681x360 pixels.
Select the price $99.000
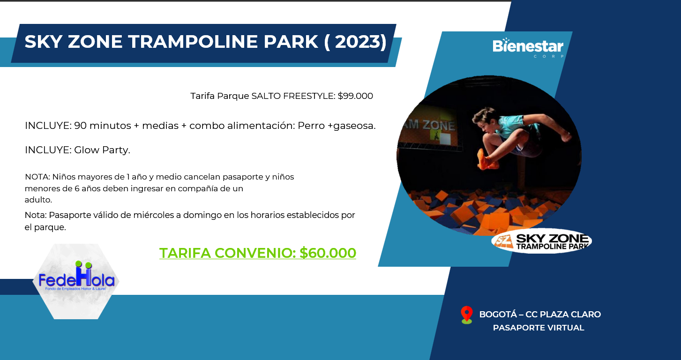coord(355,96)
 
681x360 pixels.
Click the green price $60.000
coord(328,253)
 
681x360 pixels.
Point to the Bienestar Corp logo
coord(528,47)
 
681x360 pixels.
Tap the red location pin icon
coord(467,315)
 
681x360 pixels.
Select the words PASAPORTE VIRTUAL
coord(539,328)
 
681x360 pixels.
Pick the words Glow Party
coord(102,150)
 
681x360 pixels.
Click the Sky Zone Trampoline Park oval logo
coord(541,241)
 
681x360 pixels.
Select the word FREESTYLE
coord(309,96)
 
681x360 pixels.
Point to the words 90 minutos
coord(103,126)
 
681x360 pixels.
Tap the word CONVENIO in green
coord(255,253)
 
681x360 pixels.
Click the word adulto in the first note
coord(38,200)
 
